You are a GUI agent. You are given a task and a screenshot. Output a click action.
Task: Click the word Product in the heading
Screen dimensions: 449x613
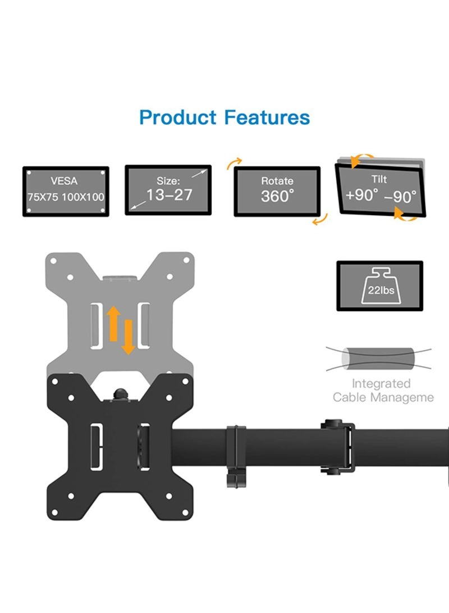[178, 118]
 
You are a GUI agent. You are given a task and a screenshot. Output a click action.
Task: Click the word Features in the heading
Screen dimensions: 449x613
[267, 117]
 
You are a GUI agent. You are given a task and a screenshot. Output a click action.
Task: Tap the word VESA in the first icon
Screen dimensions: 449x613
[64, 181]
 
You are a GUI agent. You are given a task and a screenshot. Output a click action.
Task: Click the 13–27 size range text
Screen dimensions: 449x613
[169, 195]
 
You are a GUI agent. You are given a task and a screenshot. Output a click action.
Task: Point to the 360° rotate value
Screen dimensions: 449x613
[277, 196]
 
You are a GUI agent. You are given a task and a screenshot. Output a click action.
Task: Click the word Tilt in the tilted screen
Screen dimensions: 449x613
[379, 179]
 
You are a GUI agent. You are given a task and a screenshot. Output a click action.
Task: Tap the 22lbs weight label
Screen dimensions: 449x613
[381, 290]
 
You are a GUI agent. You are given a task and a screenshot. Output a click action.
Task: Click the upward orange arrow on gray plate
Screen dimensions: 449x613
[113, 324]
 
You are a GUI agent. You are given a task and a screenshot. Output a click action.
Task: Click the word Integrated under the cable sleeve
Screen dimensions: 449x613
[381, 384]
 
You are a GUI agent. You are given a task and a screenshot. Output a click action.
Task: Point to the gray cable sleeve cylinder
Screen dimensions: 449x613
[378, 358]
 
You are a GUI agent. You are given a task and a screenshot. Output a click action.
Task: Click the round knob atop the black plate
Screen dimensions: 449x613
[121, 393]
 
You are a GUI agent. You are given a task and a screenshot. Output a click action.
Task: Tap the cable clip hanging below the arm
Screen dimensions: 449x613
[236, 456]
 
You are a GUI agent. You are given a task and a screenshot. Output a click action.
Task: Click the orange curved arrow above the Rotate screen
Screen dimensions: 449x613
[234, 163]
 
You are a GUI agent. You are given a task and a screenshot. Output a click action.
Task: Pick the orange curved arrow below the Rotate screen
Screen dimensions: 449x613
[320, 219]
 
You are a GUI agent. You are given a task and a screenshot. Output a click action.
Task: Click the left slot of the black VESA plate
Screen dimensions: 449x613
[97, 447]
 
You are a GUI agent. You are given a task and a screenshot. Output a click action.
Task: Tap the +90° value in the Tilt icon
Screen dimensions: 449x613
[362, 194]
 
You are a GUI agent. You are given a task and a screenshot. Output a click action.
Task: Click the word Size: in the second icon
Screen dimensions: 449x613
[168, 181]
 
